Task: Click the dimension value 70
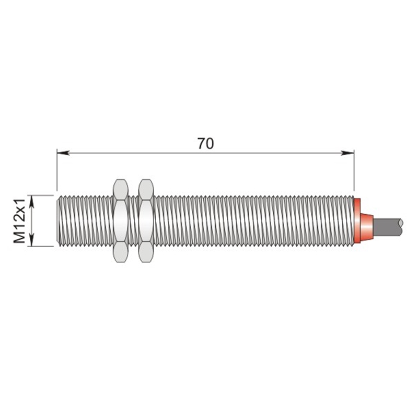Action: tap(205, 143)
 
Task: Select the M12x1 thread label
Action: tap(19, 221)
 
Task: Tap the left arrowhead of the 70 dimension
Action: tap(63, 153)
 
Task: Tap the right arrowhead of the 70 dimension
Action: tap(347, 153)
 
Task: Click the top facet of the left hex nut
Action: tap(121, 189)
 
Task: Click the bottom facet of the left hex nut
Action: tap(121, 252)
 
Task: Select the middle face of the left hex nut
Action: tap(121, 220)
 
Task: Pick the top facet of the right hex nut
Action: tap(146, 189)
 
